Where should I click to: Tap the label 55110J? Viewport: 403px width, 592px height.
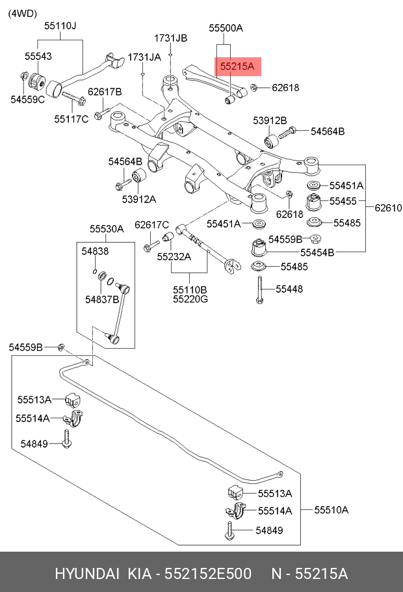(60, 26)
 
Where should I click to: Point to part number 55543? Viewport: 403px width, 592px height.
(38, 57)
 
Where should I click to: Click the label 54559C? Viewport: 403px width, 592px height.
(27, 100)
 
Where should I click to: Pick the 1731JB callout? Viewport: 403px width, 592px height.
(170, 38)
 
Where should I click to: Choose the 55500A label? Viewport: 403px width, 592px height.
(226, 28)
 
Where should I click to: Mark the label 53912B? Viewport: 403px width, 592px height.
(270, 120)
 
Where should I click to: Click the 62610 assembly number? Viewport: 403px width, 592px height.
(389, 208)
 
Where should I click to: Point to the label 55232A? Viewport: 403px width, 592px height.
(174, 256)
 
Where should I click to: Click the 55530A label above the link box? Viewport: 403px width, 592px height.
(107, 228)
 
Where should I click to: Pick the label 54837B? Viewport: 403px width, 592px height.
(102, 299)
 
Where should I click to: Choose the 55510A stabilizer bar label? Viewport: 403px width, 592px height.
(331, 510)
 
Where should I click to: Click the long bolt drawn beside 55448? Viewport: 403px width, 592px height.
(260, 290)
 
